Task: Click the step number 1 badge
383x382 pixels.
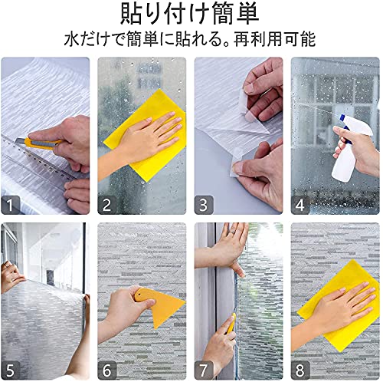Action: click(10, 205)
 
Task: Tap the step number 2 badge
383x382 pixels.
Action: click(107, 205)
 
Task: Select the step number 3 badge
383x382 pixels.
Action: click(204, 205)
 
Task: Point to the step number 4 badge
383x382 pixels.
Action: click(300, 205)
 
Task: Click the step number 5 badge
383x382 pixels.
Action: click(10, 370)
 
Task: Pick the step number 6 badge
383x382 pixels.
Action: click(107, 370)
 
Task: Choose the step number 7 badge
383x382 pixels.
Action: click(204, 370)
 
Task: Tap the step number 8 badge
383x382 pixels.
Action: click(300, 370)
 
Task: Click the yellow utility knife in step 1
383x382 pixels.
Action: click(38, 143)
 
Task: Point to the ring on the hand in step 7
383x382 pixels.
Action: click(232, 232)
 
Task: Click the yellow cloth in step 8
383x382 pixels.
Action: click(339, 305)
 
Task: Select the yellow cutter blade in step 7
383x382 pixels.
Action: click(231, 324)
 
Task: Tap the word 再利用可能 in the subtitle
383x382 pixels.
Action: click(274, 39)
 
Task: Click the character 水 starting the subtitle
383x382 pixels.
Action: click(72, 39)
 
